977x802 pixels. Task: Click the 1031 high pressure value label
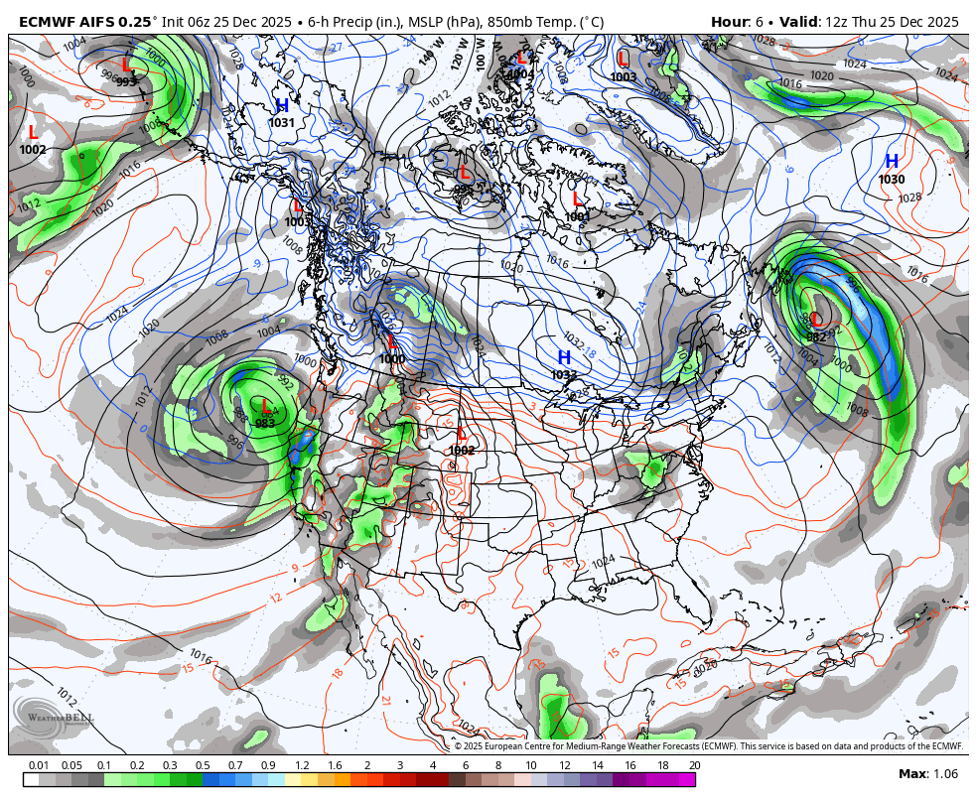(x=281, y=123)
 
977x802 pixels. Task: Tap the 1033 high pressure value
(x=564, y=375)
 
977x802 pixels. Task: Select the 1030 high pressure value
(x=892, y=180)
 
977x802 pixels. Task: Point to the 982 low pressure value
(x=816, y=337)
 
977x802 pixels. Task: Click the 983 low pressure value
(x=265, y=423)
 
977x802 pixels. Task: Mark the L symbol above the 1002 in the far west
(x=33, y=132)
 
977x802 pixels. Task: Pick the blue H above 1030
(x=892, y=161)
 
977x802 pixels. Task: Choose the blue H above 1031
(x=282, y=105)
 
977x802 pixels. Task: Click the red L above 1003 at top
(x=623, y=59)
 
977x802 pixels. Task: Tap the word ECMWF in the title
(x=46, y=22)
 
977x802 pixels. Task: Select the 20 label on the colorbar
(x=694, y=765)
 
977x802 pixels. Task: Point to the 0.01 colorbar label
(x=39, y=765)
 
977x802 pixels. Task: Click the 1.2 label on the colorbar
(x=302, y=765)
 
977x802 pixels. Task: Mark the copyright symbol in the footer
(x=459, y=746)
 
